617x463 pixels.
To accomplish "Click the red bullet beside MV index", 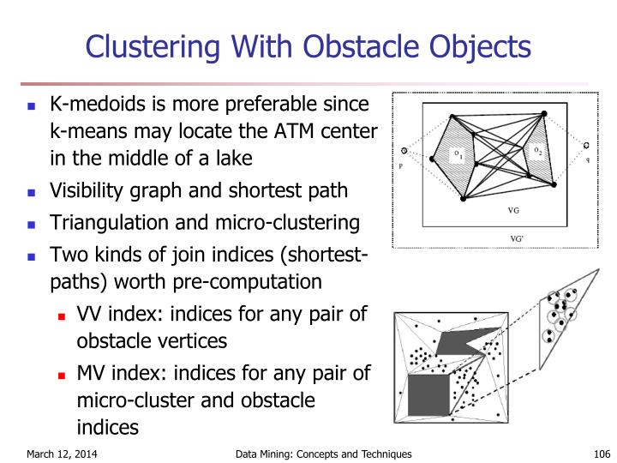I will tap(62, 375).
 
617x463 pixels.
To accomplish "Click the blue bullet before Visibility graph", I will tap(33, 193).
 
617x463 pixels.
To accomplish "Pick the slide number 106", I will tap(583, 454).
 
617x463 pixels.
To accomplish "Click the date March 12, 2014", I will tap(61, 454).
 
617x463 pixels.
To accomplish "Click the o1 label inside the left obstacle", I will tap(459, 155).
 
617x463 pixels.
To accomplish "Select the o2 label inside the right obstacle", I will tap(538, 152).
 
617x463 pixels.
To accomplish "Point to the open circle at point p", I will tap(404, 152).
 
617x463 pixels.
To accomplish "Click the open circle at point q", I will tap(586, 145).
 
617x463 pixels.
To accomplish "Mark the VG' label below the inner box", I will tap(517, 238).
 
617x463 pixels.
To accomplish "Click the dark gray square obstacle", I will tap(428, 395).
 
